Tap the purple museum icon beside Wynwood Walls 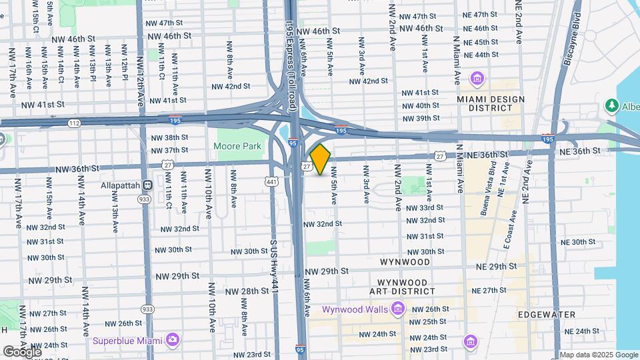coord(398,309)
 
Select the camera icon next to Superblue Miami coord(173,341)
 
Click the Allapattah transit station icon coord(149,185)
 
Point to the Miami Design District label coord(481,103)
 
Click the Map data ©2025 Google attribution coord(598,355)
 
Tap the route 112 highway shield coord(73,123)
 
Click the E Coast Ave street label coord(511,230)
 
